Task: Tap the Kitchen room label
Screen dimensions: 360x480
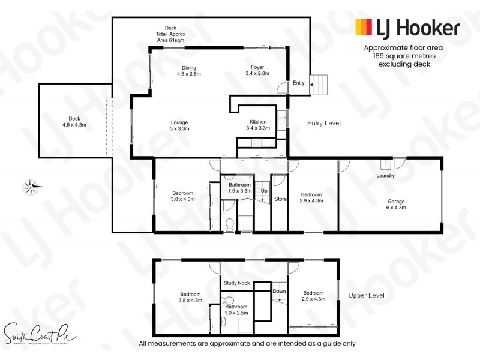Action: point(258,125)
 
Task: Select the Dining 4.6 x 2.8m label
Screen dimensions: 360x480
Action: point(189,71)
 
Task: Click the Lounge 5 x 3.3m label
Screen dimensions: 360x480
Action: point(179,125)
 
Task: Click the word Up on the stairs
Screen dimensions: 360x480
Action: point(264,191)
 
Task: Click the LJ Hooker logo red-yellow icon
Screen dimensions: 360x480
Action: point(364,27)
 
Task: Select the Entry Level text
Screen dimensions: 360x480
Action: point(324,123)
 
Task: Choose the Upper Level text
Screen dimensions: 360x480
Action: point(365,296)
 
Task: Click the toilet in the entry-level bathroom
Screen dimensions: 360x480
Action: point(229,224)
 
